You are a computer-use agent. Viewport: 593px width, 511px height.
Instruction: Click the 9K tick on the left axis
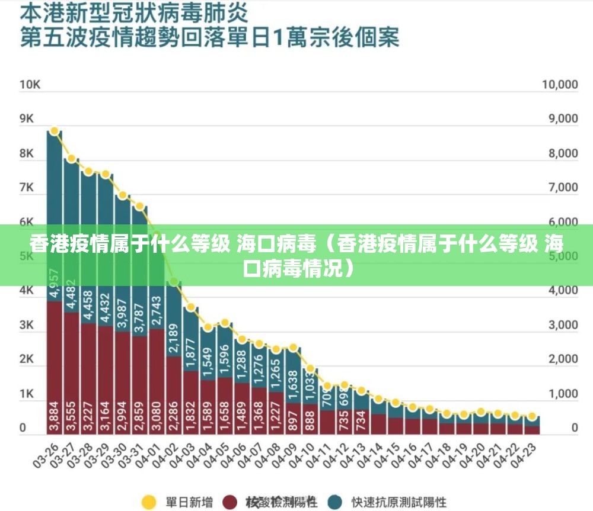tap(27, 119)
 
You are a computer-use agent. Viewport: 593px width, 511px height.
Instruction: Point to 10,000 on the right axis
tap(559, 85)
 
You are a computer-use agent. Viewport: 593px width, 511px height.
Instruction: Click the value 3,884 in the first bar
tap(55, 417)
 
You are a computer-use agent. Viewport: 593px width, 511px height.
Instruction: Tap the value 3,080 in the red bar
tap(157, 417)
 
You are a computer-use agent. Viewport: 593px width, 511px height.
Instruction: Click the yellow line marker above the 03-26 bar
tap(54, 131)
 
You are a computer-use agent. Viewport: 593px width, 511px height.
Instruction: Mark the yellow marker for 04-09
tap(293, 348)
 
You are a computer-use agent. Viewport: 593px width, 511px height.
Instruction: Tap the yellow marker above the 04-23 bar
tap(532, 416)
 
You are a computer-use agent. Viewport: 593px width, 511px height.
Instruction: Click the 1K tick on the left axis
tap(27, 394)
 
